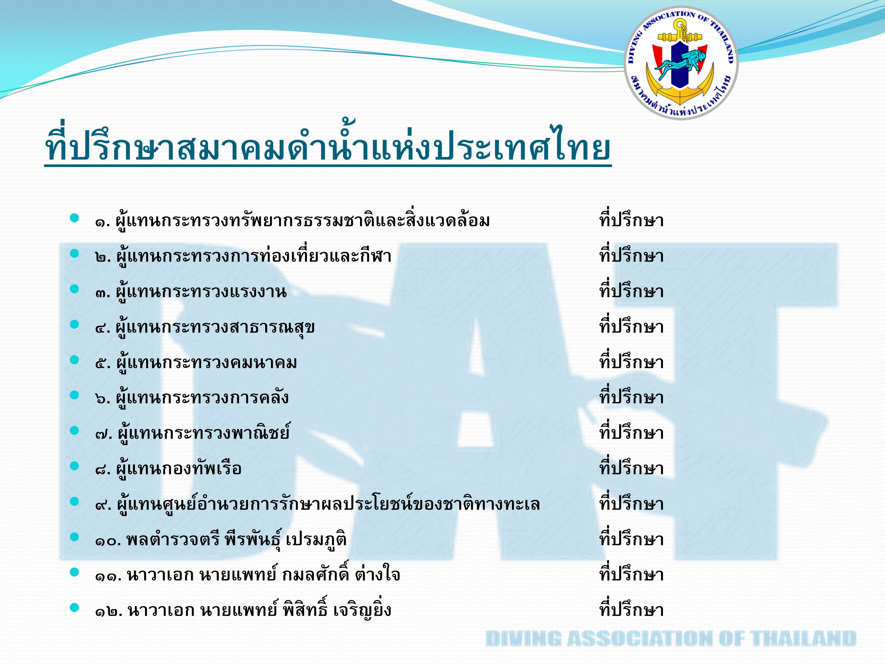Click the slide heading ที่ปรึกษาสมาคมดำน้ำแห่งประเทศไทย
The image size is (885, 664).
(328, 146)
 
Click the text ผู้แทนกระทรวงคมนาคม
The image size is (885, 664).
(206, 363)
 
